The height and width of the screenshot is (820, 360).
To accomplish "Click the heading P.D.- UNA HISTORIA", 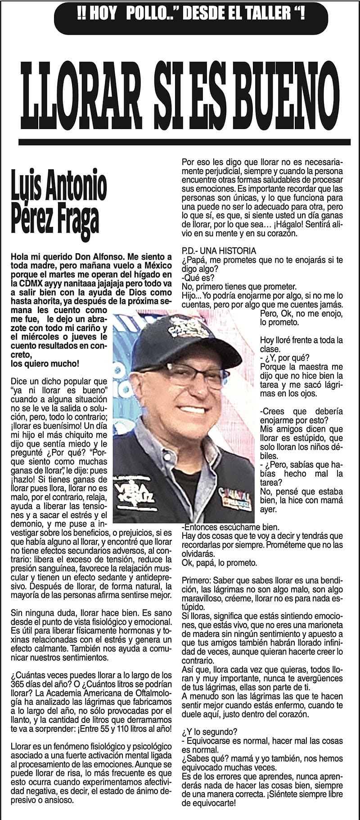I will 219,251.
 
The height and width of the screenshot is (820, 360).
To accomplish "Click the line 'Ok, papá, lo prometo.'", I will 219,563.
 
